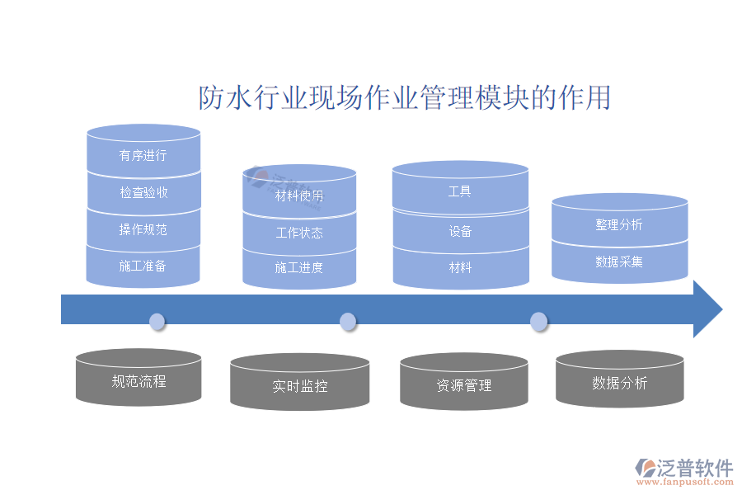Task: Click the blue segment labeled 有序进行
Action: [x=143, y=155]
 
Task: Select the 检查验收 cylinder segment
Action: [x=143, y=192]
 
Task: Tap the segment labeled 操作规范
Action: [x=143, y=229]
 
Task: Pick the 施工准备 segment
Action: [x=143, y=266]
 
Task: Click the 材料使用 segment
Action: [x=299, y=196]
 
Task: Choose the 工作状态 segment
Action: [x=299, y=233]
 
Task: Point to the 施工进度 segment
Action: [x=299, y=267]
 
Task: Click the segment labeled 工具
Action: [x=460, y=191]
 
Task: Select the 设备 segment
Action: [x=460, y=231]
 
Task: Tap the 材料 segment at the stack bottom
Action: [x=460, y=267]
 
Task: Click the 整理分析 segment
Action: [x=619, y=224]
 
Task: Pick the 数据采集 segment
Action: [x=619, y=262]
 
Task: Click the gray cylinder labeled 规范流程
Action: [x=139, y=381]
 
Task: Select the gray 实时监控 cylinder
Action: [x=299, y=385]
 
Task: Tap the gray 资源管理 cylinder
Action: [x=463, y=385]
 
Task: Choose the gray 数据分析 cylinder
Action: [x=619, y=383]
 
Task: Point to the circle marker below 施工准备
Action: [x=157, y=321]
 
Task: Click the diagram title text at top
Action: [x=405, y=97]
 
